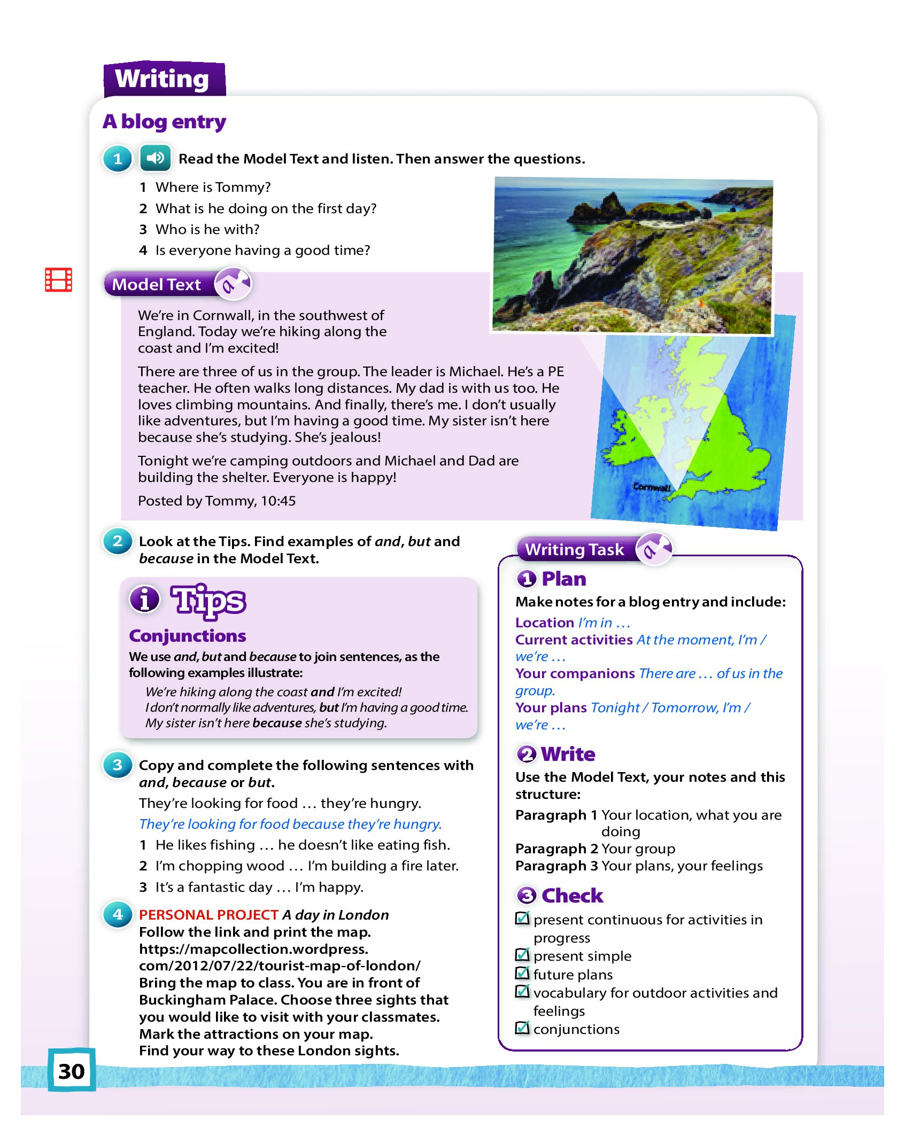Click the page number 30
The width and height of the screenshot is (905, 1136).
(72, 1071)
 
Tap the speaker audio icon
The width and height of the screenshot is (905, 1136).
(155, 158)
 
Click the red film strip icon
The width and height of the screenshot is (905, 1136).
(58, 279)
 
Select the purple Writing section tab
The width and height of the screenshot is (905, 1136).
(163, 79)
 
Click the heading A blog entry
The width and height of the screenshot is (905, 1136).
(164, 122)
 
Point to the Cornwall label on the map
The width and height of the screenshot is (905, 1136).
(652, 487)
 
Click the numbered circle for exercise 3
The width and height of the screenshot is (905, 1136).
(118, 765)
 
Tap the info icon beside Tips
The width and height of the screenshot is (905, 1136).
(144, 599)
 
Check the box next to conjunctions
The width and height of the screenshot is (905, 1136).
(522, 1028)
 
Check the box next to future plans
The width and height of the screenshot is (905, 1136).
(522, 973)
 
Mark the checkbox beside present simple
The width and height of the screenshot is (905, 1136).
(522, 954)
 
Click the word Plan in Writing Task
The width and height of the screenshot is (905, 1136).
(564, 579)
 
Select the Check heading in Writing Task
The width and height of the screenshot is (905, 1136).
(572, 896)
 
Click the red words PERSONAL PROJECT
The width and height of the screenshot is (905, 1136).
(208, 915)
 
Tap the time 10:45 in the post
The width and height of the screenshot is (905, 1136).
(278, 501)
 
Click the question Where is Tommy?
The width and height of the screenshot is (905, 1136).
(213, 187)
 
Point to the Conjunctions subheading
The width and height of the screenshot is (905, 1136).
(188, 636)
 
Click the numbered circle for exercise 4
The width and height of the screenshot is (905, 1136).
(118, 914)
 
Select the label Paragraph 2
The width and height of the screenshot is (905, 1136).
(556, 849)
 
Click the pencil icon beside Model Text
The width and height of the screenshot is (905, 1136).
(233, 284)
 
